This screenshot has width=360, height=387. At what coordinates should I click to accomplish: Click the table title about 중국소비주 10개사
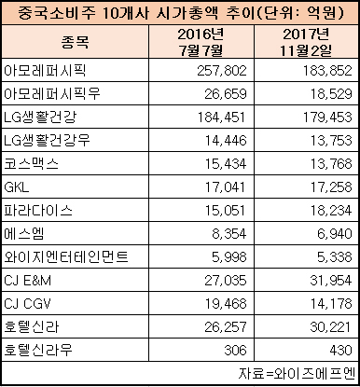coord(180,13)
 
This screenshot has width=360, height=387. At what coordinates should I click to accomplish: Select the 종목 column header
coord(75,42)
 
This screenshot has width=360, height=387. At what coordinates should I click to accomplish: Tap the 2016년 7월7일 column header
coord(201,42)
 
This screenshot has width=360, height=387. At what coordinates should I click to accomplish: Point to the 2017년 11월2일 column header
coord(306,42)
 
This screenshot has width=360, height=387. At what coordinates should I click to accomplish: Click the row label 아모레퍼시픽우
coord(52,93)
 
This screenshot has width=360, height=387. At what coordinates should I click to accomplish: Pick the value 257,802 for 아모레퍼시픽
coord(222,71)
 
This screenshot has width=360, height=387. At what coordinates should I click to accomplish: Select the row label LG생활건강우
coord(47,140)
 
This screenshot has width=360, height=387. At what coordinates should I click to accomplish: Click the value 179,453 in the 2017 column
coord(327,117)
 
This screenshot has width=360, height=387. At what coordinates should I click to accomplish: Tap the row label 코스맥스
coord(31,163)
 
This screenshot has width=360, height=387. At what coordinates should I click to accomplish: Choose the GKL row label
coord(17,187)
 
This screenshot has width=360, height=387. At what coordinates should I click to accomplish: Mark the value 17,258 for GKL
coord(331,187)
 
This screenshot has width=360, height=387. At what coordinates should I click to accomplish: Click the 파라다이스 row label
coord(38,210)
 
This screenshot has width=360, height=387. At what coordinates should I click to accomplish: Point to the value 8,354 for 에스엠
coord(229,234)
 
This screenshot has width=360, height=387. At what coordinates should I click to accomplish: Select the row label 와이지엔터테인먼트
coord(66,256)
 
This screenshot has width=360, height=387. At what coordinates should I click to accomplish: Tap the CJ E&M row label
coord(27,281)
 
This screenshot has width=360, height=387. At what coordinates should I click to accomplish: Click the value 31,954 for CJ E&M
coord(331,281)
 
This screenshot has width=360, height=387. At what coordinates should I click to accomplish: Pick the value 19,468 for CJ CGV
coord(226,304)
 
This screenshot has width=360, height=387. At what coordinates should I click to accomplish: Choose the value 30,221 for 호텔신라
coord(330,327)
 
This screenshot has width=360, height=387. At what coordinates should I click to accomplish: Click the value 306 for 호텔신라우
coord(235,351)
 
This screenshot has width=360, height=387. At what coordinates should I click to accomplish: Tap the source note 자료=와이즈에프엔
coord(297,374)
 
